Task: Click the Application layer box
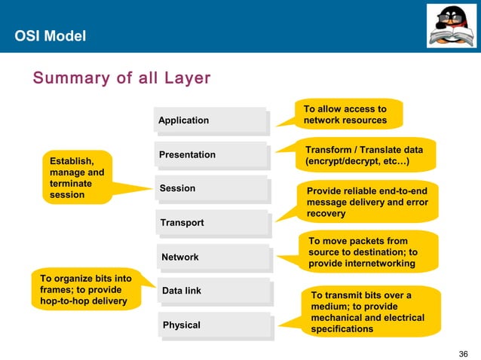(x=210, y=121)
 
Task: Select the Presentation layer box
(x=211, y=155)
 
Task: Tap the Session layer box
(x=212, y=189)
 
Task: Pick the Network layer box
(x=213, y=258)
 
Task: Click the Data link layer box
(x=214, y=291)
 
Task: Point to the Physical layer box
(x=215, y=325)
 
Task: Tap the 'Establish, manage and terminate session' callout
(x=76, y=178)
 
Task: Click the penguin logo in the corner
(x=452, y=25)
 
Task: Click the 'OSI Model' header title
(x=51, y=36)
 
